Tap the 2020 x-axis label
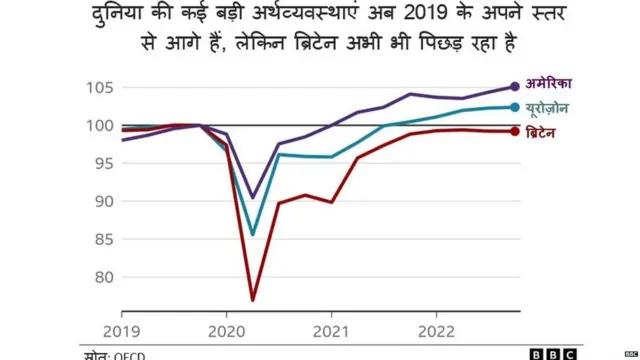(x=225, y=330)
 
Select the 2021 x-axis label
(x=331, y=330)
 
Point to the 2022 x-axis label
(x=437, y=330)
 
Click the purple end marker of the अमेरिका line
(x=515, y=87)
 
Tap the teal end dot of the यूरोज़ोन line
(x=515, y=107)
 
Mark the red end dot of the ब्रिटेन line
(x=515, y=131)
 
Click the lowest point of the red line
(x=253, y=300)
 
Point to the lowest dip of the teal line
(x=253, y=235)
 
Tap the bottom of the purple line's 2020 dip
(x=253, y=198)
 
